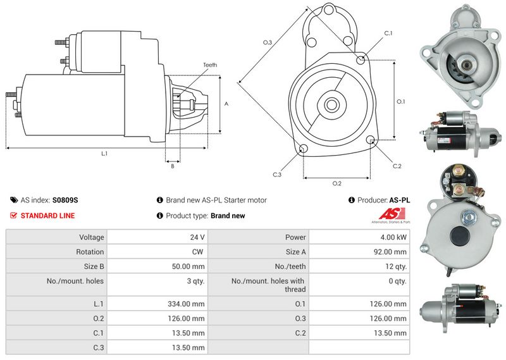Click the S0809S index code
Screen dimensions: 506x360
(65, 200)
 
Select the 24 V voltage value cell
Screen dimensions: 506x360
(157, 237)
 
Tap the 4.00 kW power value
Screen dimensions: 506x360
(393, 237)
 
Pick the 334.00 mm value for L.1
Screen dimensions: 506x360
(186, 304)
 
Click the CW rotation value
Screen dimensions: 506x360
(197, 252)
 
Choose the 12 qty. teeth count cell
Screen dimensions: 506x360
(359, 266)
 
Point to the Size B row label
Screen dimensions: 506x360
(94, 266)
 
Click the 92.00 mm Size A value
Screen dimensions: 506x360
(390, 252)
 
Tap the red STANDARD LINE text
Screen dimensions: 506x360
(48, 216)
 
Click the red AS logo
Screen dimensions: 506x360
(392, 214)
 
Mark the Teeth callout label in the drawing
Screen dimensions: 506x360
(210, 65)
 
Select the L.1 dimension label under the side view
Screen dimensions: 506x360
(104, 154)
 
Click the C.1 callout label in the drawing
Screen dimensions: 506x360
(388, 34)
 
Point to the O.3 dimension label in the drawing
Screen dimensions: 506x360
(268, 42)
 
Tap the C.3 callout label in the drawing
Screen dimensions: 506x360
(277, 175)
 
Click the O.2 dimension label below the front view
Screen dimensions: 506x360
(337, 183)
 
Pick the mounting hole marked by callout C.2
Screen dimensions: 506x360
(371, 139)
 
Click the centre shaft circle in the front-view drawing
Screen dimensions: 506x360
(331, 104)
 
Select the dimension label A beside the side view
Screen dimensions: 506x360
(226, 104)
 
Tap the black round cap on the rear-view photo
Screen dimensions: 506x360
(460, 236)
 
